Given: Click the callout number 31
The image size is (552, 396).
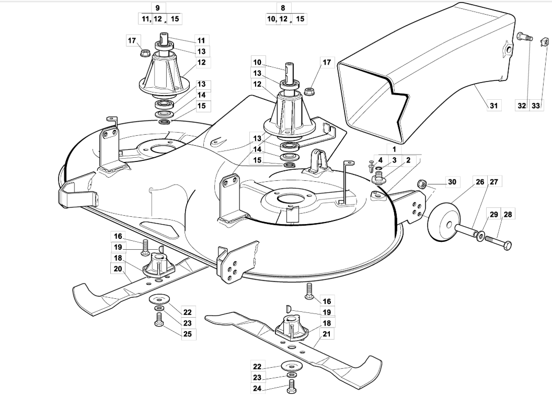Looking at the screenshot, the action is [493, 105].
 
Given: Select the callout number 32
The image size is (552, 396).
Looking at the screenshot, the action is [522, 105].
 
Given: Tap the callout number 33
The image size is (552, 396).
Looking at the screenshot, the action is [535, 105].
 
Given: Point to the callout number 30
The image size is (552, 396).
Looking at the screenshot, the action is [452, 182].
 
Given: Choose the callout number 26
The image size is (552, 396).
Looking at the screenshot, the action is [480, 182].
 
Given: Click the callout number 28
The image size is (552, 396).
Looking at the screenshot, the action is [508, 214].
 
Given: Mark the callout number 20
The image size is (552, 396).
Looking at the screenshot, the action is [118, 269].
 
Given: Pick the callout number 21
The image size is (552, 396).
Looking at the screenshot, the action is [327, 334].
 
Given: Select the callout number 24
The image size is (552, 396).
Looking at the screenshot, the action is [257, 388].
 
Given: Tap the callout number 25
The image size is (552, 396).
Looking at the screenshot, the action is [188, 334].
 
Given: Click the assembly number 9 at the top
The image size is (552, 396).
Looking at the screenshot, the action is [157, 8].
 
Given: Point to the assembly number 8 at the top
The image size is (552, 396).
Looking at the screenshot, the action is [283, 8].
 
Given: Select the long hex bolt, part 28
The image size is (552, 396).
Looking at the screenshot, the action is [498, 242].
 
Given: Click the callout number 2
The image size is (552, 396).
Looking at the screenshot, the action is [408, 160].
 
